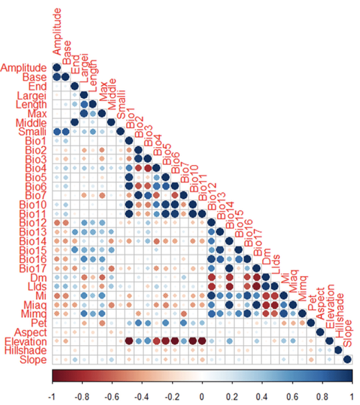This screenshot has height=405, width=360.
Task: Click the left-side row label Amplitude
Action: coord(24,68)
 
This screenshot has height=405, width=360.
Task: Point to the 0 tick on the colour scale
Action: coord(202,395)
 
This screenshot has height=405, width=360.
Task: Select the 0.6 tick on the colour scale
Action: coord(292,395)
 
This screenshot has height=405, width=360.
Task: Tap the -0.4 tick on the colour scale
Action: coord(143,395)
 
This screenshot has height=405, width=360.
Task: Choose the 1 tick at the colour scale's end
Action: coord(351,395)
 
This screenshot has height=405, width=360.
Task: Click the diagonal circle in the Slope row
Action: coord(347,360)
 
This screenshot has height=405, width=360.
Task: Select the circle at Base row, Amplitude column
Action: coord(57,78)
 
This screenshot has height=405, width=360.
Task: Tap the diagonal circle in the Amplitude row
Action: coord(57,68)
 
